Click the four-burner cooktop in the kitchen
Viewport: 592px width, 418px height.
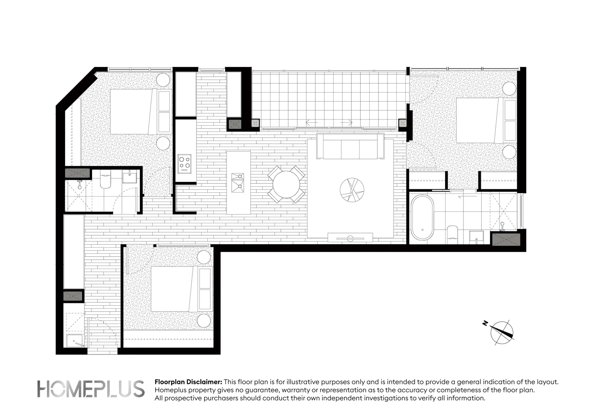point(184,163)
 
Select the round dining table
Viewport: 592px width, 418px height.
point(286,184)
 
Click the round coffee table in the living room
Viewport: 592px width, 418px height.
point(352,190)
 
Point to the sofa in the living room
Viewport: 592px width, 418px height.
point(350,147)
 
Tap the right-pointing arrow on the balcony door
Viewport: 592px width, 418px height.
point(346,123)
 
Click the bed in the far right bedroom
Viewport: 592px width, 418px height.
point(480,120)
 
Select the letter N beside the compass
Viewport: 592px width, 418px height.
point(485,323)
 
